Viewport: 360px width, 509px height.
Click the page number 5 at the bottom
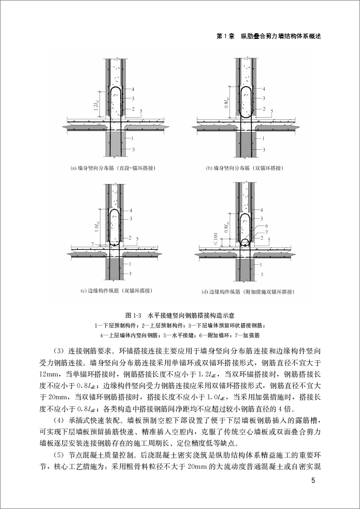click(313, 480)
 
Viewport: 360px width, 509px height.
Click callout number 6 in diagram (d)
click(266, 227)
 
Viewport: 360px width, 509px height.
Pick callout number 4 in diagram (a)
click(133, 89)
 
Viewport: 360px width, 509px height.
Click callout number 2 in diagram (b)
click(265, 109)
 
